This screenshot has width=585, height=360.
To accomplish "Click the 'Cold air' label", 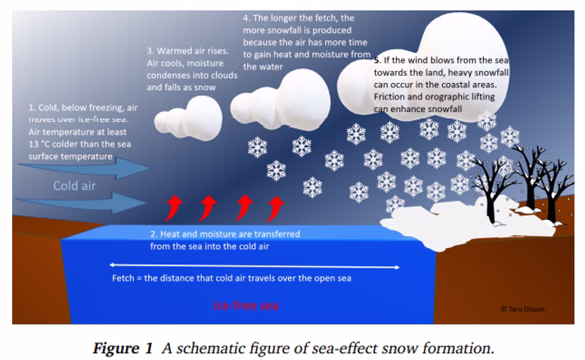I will click(x=74, y=185).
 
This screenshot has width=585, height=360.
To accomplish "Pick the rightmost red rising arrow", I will click(x=276, y=206).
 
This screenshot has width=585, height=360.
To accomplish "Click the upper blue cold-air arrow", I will click(x=83, y=169).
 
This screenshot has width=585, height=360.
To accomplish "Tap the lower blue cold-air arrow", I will click(x=83, y=202).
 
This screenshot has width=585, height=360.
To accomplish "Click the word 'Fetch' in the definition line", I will click(x=124, y=278).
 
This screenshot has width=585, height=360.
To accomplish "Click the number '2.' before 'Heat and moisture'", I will click(x=154, y=234).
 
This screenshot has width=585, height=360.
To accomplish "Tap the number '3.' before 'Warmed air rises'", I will click(x=150, y=51).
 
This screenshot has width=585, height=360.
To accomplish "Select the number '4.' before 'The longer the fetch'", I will click(x=246, y=17).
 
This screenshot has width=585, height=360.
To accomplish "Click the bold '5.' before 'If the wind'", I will click(x=376, y=59).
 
